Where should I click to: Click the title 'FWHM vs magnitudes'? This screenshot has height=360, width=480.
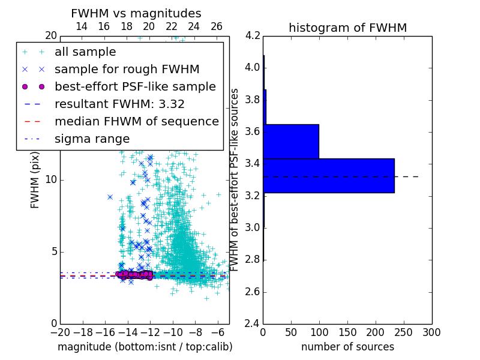coord(136,13)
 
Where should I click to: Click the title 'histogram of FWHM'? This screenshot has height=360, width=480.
coord(347,28)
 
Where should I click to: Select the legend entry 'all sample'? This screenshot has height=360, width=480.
coord(85,52)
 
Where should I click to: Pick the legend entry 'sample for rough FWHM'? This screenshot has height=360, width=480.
coord(127,69)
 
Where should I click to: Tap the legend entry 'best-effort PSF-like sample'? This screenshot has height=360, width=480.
coord(135,86)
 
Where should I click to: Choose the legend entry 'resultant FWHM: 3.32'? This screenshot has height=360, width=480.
coord(119,104)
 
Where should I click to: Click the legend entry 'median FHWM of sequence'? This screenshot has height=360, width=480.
coord(136,121)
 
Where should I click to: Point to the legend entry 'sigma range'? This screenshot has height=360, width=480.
coord(92,139)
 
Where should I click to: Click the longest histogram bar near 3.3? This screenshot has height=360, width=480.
coord(329,175)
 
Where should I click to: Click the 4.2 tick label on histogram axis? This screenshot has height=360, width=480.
coord(253,35)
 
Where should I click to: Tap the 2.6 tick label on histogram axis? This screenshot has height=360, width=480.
coord(253,292)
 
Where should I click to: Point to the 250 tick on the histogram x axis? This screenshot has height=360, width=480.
coord(404,332)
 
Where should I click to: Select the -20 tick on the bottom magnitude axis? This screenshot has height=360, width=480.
coord(60,332)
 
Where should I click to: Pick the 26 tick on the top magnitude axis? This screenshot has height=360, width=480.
coord(216,26)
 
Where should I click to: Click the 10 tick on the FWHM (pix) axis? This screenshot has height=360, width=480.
coord(50,180)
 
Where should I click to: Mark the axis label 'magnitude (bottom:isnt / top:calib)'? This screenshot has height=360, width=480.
coord(145,347)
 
